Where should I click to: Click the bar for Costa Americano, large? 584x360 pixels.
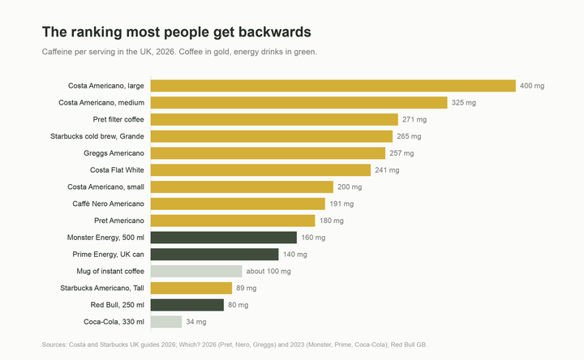(x=333, y=86)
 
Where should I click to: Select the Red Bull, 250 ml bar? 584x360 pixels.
(x=187, y=305)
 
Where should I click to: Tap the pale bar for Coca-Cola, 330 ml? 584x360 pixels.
(x=166, y=322)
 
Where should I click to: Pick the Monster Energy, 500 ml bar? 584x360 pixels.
(x=224, y=238)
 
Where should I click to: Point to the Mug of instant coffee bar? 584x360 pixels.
(x=196, y=271)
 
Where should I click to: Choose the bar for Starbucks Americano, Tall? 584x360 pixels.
(x=191, y=288)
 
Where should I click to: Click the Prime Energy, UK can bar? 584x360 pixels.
(x=214, y=255)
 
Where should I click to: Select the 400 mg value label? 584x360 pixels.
(x=532, y=86)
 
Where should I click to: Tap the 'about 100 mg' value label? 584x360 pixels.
(x=268, y=272)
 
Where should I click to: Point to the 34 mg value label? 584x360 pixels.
(x=196, y=322)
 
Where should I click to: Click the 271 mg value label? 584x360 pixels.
(x=414, y=119)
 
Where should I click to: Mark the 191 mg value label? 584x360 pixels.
(x=341, y=204)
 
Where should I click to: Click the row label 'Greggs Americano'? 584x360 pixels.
(x=114, y=153)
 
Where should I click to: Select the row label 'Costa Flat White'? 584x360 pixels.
(x=117, y=170)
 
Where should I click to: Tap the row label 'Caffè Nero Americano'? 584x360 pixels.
(x=108, y=204)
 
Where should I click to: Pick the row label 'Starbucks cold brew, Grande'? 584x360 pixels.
(x=97, y=136)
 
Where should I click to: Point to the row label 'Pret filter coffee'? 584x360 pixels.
(x=118, y=119)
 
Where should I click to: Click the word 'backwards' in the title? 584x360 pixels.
(x=275, y=32)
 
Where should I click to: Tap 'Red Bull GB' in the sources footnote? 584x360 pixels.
(x=408, y=345)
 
